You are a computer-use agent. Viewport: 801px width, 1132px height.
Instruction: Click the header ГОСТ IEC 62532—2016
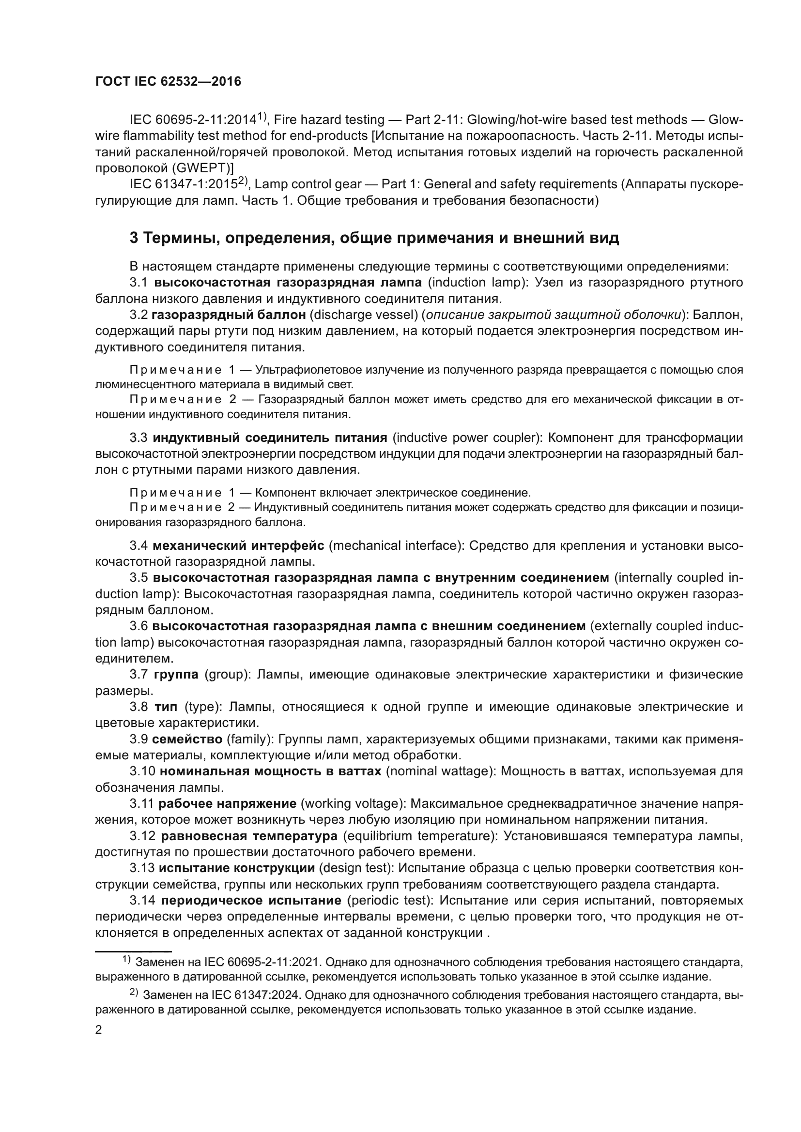pos(168,81)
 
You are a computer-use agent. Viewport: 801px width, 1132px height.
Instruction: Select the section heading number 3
pos(134,238)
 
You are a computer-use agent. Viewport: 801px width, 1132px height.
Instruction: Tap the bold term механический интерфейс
pos(238,546)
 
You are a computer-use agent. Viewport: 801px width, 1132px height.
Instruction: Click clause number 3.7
pos(139,675)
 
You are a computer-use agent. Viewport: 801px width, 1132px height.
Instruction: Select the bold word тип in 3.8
pos(166,707)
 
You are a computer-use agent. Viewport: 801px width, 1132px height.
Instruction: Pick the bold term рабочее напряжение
pos(228,804)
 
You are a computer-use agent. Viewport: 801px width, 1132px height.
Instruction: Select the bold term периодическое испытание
pos(251,901)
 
